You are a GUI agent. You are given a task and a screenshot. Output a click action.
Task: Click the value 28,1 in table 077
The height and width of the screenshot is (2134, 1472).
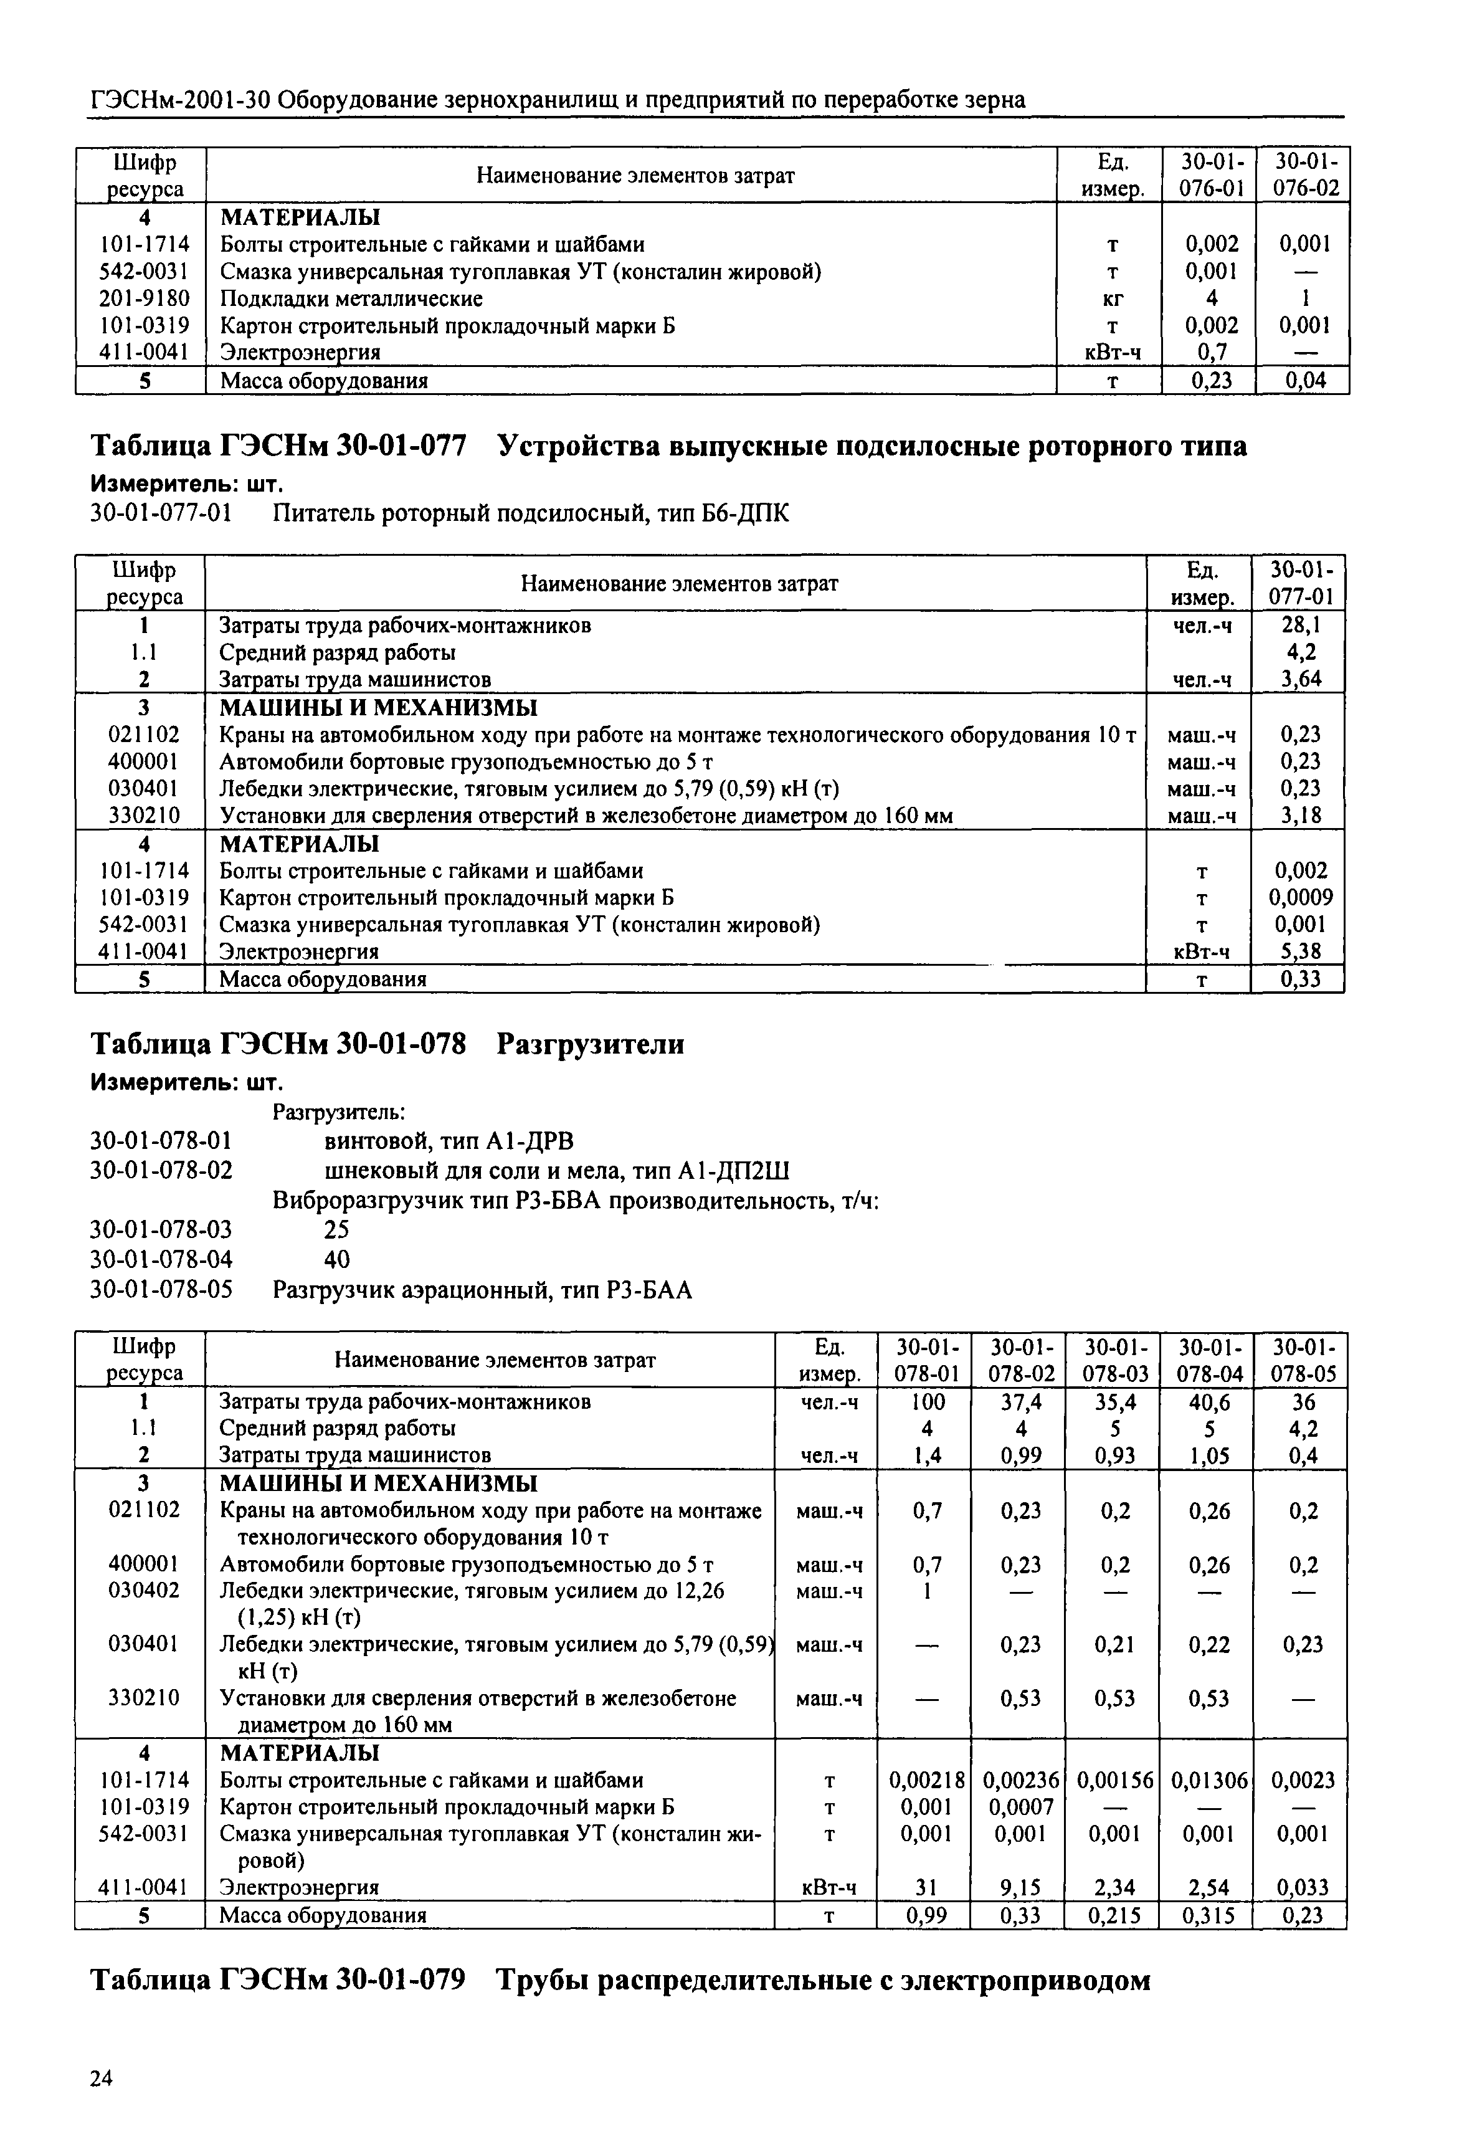[1301, 626]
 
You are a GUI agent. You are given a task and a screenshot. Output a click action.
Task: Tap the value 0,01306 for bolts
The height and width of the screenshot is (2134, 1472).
[1209, 1780]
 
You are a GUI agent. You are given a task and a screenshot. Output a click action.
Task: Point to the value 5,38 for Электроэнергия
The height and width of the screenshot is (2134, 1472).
[1301, 951]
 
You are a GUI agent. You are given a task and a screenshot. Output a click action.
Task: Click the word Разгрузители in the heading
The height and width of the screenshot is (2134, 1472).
[591, 1044]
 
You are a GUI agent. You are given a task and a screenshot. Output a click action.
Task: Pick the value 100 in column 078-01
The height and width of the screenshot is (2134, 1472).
[927, 1402]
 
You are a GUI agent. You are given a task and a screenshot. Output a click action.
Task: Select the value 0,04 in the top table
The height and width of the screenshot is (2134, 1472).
[1304, 380]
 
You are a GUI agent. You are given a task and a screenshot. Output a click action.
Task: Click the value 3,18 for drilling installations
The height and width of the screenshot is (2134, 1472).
[1301, 815]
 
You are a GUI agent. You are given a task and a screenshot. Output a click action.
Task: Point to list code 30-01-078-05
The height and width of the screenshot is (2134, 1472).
[161, 1289]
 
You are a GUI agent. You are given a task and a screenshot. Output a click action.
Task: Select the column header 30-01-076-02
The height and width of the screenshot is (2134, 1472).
[1305, 174]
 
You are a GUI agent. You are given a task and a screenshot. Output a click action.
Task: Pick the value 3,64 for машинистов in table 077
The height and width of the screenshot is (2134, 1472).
[1301, 680]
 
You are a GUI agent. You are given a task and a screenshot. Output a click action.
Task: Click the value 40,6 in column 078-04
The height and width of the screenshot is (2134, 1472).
[1209, 1402]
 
